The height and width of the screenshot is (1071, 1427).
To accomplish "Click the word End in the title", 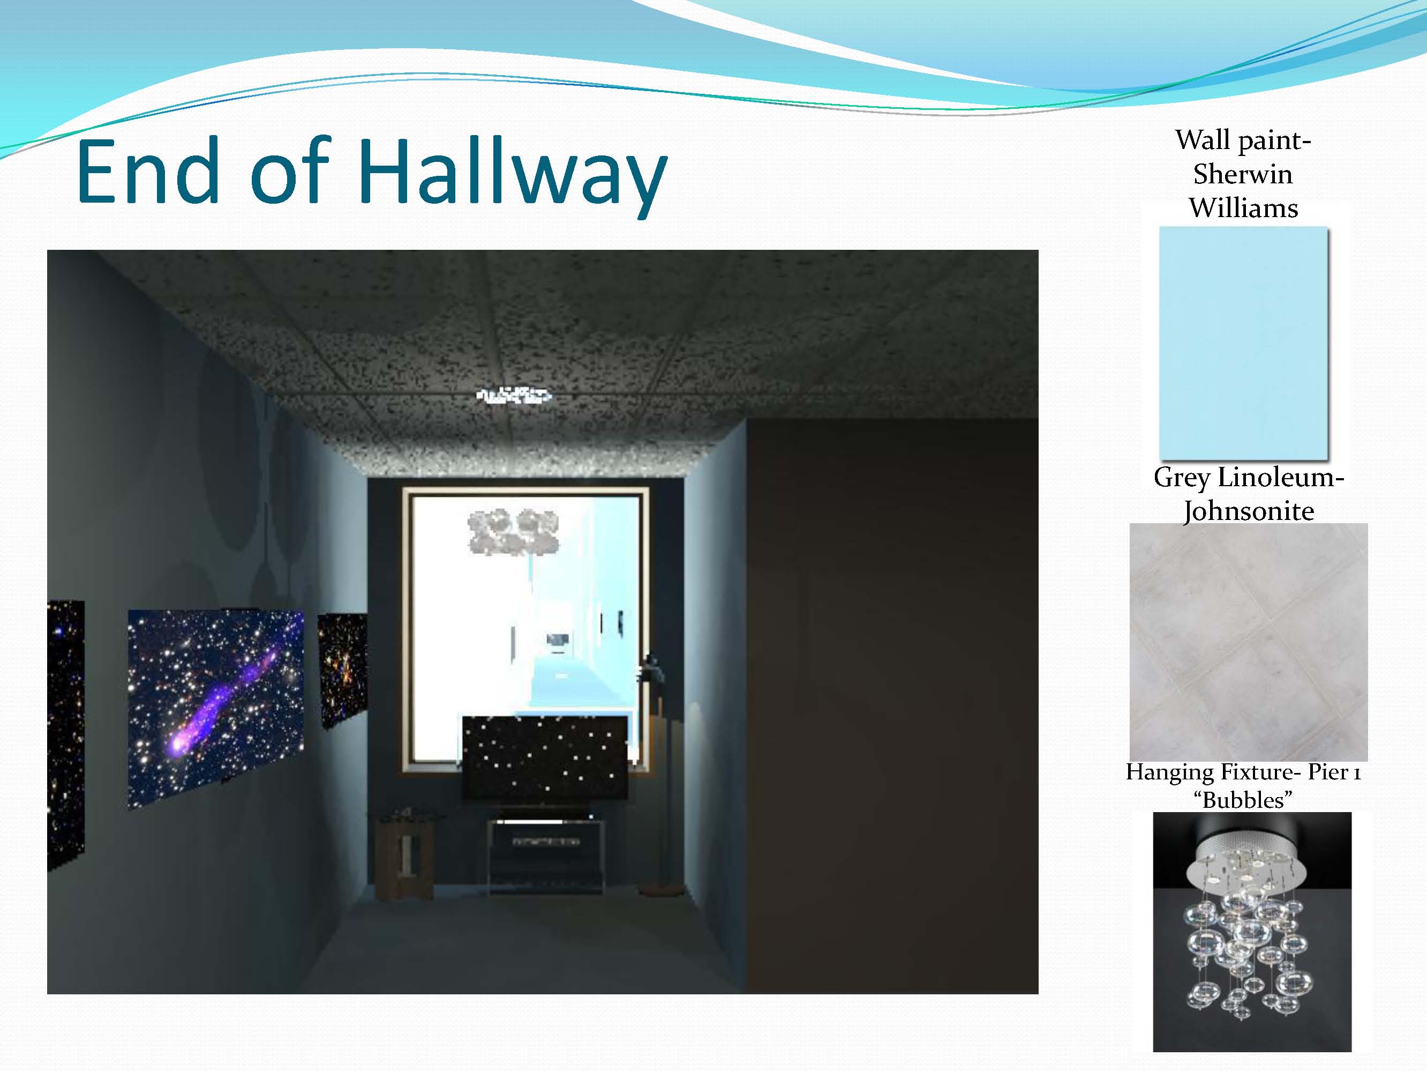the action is [x=148, y=170].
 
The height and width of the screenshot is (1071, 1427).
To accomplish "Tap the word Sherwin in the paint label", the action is [x=1243, y=174].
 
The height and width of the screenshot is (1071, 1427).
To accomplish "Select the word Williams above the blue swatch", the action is [x=1243, y=208].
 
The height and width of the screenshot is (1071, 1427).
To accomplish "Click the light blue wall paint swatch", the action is [x=1243, y=342].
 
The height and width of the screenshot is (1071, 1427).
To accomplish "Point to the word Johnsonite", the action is [x=1248, y=511].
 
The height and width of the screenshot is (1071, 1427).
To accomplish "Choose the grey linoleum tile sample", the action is [x=1248, y=642].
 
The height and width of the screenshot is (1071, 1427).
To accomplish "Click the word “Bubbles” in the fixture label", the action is [x=1243, y=800].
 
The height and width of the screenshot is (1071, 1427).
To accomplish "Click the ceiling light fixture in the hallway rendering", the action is [x=514, y=395].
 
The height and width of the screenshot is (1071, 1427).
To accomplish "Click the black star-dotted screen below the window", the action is [x=545, y=757].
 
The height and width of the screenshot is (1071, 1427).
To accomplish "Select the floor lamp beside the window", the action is [x=657, y=775].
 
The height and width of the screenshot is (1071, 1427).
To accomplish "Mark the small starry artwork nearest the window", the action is [x=343, y=670].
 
